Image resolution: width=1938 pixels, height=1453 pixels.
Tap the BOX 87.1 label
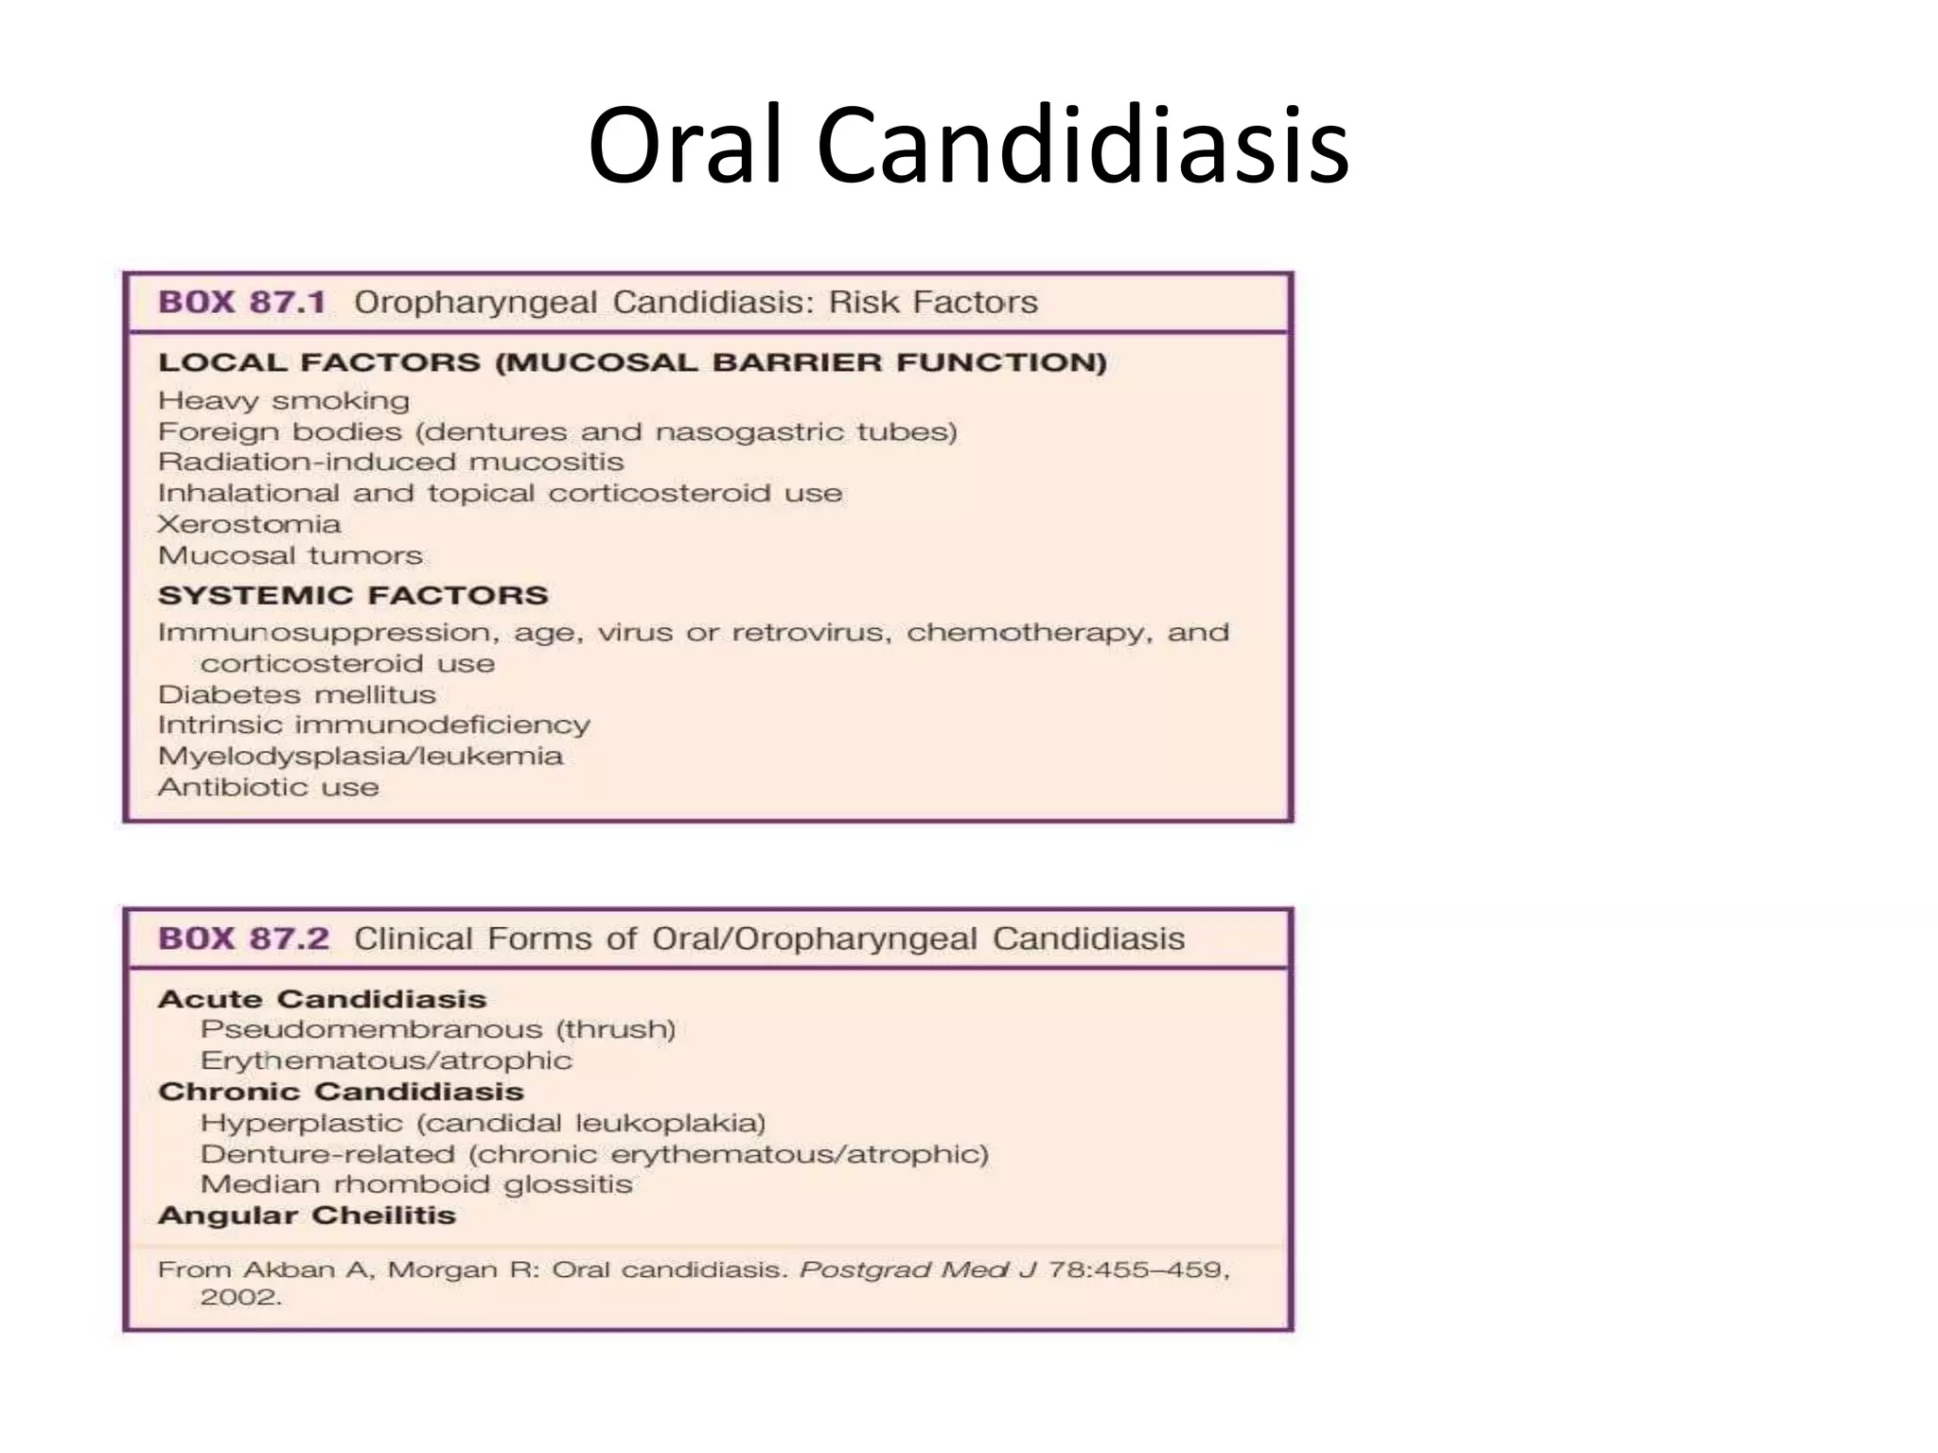point(242,303)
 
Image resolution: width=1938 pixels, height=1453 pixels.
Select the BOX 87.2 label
point(244,939)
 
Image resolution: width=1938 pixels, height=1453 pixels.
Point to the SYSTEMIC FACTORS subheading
point(353,595)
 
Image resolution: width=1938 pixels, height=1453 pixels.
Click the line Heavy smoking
point(284,401)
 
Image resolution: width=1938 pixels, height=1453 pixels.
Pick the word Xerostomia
point(249,524)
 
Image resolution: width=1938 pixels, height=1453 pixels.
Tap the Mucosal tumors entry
point(291,555)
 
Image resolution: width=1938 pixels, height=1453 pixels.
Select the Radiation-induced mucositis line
point(391,463)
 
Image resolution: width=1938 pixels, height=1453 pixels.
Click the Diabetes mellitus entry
point(297,695)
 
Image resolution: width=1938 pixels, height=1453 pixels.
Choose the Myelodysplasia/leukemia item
point(361,757)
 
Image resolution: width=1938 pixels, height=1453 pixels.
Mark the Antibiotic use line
point(269,787)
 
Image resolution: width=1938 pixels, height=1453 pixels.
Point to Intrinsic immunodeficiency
point(374,726)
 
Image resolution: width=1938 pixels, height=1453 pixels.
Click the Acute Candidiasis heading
point(322,999)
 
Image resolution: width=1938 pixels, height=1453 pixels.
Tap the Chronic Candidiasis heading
point(341,1092)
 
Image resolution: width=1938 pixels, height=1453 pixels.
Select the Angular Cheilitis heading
point(307,1216)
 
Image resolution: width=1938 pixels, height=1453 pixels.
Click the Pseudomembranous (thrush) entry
point(438,1029)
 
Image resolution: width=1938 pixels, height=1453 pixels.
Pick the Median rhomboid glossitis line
point(416,1184)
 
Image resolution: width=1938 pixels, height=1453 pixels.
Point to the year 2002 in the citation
point(240,1297)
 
